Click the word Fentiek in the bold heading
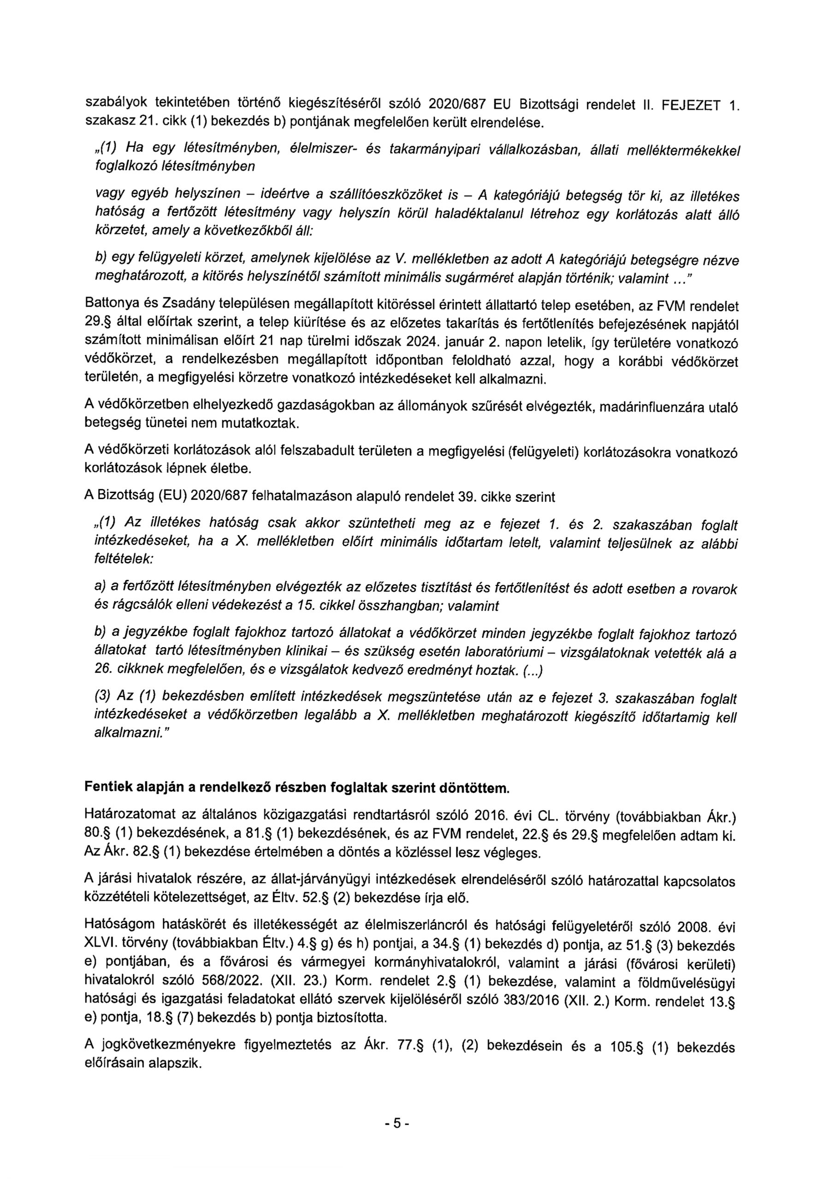tap(107, 788)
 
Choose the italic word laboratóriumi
tap(504, 653)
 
